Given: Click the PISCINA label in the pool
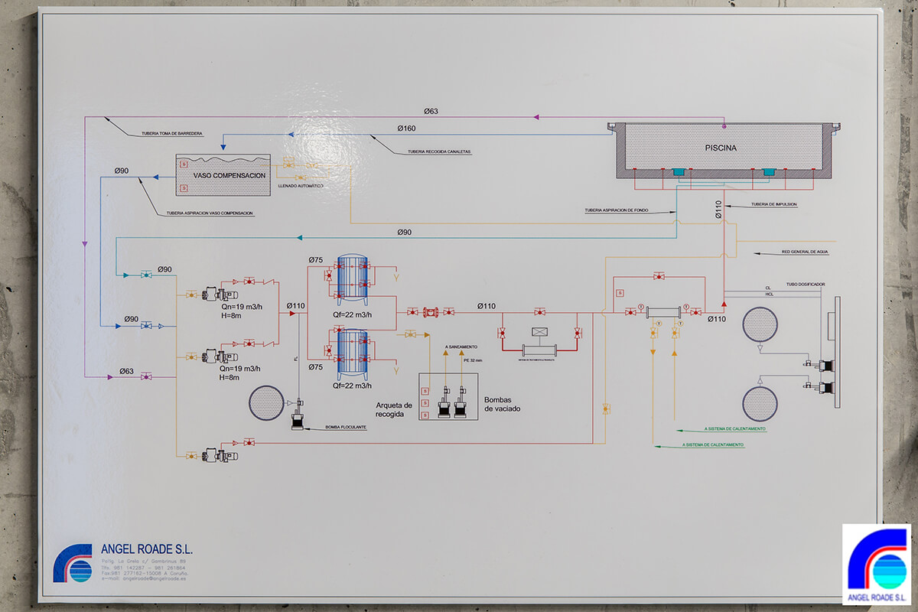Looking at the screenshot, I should [721, 148].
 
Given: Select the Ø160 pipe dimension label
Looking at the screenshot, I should [406, 128].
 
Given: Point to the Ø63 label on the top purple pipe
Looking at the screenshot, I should [431, 112].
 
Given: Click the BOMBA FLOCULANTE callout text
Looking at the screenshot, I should [346, 427].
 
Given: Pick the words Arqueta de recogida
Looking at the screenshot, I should [394, 410].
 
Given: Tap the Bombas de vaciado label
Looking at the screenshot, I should [508, 404].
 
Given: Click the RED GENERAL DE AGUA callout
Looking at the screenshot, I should [805, 252].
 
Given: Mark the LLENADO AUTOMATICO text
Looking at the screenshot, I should [301, 186].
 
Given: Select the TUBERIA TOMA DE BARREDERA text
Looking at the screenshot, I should [171, 133].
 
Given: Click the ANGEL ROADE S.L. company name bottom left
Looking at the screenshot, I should [147, 549].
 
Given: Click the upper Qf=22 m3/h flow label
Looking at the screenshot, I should [352, 315].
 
